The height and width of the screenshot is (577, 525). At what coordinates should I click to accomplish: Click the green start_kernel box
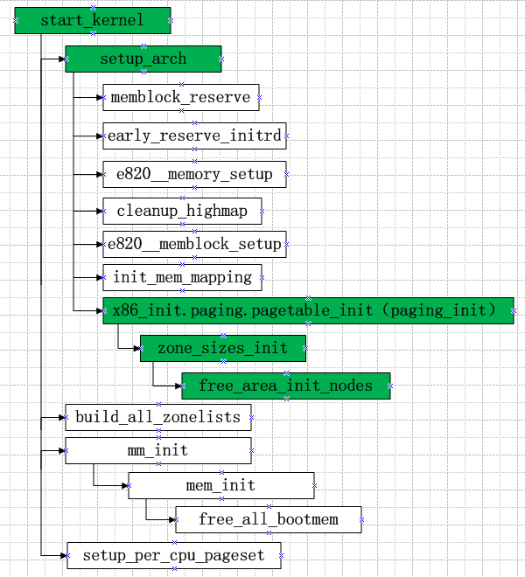[92, 20]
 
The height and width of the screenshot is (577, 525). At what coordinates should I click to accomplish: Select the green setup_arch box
[143, 59]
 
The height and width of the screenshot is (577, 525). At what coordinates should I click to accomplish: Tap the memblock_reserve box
[180, 97]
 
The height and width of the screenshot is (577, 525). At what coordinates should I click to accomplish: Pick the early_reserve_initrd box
[194, 136]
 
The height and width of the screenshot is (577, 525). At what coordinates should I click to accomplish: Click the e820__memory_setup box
[193, 174]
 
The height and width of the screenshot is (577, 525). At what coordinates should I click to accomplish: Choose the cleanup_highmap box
[181, 211]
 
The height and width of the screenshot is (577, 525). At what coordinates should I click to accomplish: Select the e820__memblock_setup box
[194, 244]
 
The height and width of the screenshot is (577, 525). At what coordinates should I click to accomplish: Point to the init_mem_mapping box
[182, 278]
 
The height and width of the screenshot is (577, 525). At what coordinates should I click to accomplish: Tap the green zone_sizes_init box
[222, 348]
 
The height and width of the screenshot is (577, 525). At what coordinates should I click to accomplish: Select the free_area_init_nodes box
[285, 386]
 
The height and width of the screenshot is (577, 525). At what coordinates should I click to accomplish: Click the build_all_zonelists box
[157, 417]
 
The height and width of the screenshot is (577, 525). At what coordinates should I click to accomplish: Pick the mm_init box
[157, 451]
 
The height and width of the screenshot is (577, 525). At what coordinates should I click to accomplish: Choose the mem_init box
[220, 485]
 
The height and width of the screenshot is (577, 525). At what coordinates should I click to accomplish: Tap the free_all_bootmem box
[268, 519]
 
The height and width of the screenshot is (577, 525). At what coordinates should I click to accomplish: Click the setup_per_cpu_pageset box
[174, 555]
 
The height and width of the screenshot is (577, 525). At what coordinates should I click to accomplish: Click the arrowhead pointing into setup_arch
[62, 59]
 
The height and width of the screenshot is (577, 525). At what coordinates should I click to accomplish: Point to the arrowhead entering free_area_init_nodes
[178, 386]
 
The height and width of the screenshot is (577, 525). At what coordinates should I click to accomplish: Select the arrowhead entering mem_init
[124, 485]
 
